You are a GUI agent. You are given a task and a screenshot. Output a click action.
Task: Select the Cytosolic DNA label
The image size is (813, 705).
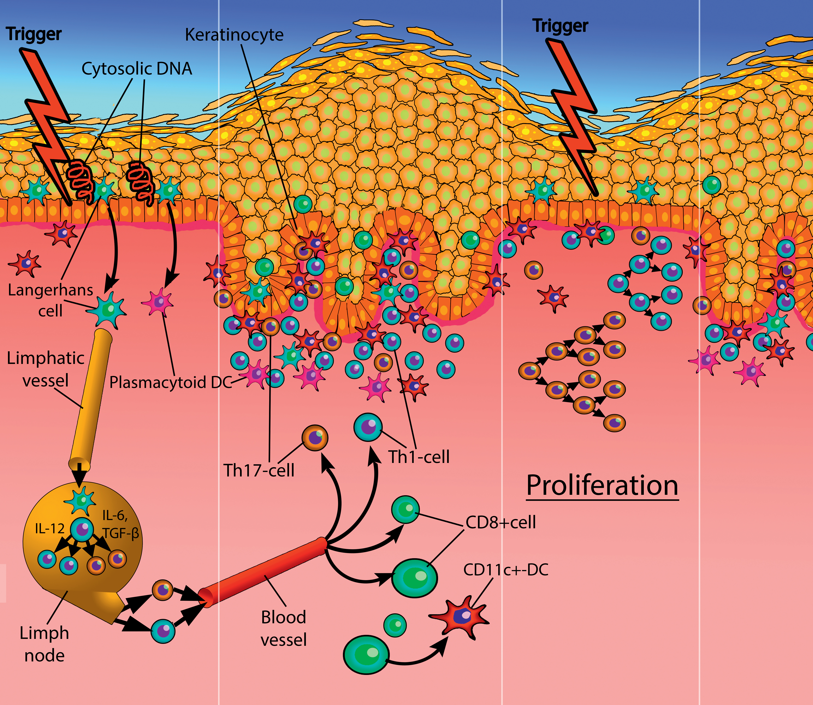click(x=137, y=69)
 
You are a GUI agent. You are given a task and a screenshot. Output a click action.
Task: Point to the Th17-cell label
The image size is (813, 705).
click(x=259, y=470)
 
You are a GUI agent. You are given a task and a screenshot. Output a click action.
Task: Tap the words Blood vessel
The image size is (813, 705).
click(x=283, y=628)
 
